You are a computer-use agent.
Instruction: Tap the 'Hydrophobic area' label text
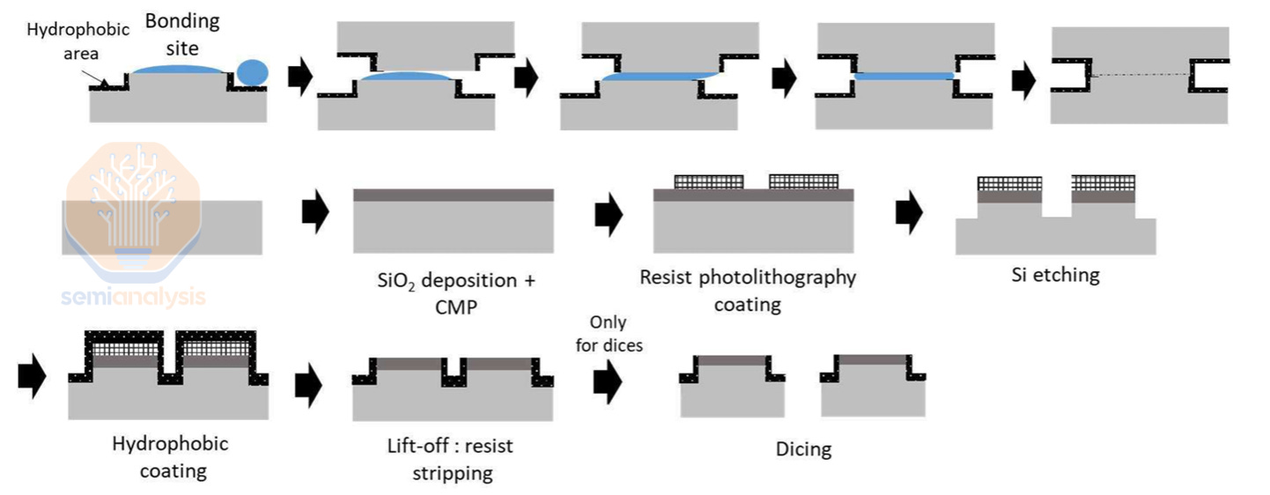pos(78,41)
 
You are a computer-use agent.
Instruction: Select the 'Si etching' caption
pos(1055,275)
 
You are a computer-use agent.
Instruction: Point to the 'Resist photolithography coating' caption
pos(748,291)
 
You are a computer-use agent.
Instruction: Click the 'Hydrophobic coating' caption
pos(170,456)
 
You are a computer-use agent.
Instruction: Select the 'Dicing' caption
pos(803,449)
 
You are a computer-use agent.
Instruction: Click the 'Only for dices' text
pos(609,333)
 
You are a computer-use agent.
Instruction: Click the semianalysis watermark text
pos(133,297)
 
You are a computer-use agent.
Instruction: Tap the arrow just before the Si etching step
pos(908,211)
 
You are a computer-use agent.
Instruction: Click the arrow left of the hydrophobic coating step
pos(31,377)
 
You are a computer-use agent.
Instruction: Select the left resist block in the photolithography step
pos(709,181)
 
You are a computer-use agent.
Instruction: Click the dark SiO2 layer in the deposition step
pos(454,195)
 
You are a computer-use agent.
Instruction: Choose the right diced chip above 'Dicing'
pos(873,384)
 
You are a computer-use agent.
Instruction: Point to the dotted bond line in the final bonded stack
pos(1141,75)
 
